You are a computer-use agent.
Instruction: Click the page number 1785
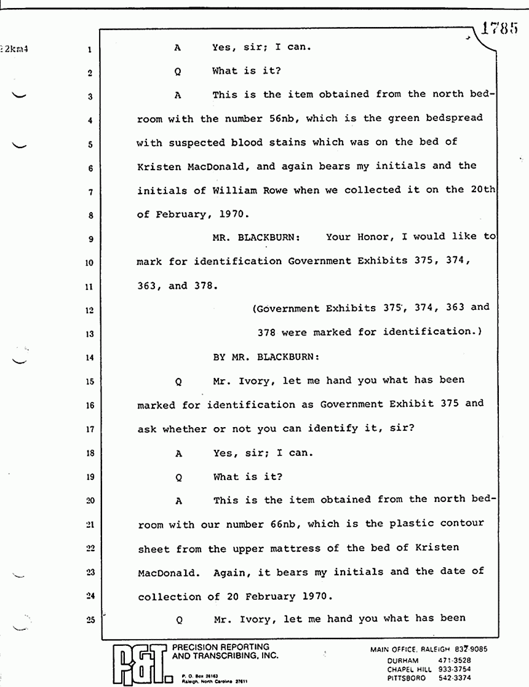501,29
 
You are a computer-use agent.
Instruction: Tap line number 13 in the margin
90,335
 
